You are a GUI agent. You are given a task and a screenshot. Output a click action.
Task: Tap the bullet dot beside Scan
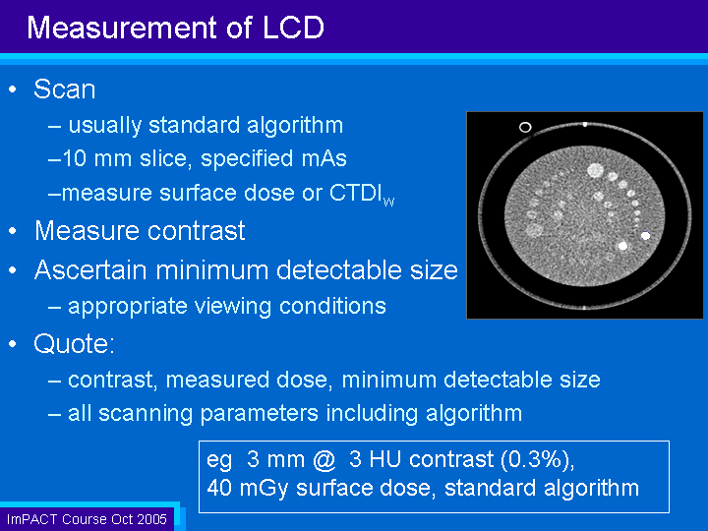coord(13,88)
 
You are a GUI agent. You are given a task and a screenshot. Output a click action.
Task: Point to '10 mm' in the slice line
coord(96,158)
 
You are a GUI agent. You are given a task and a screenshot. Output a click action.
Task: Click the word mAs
coord(324,158)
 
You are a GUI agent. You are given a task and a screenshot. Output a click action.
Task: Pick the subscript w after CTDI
coord(388,201)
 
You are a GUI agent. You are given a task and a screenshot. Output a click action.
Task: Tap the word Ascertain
coord(91,270)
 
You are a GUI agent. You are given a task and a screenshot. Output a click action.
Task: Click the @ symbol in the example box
coord(324,459)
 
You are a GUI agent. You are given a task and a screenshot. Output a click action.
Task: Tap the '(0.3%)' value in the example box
coord(537,459)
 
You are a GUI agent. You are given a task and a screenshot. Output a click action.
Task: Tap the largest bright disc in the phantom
coord(595,171)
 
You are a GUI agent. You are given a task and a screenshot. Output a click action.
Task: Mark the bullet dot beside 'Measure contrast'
coord(13,231)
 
